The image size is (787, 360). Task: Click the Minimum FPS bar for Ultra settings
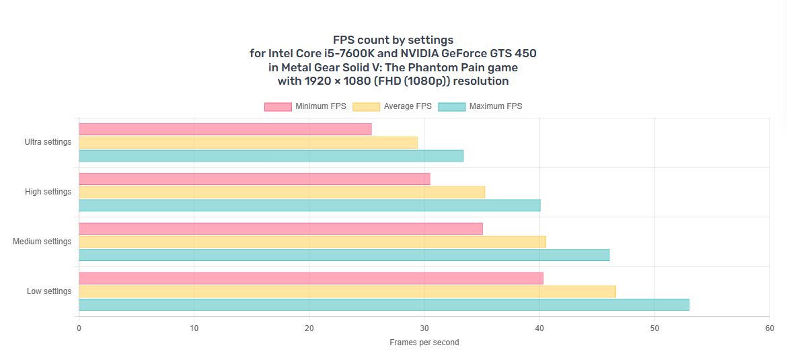(x=225, y=129)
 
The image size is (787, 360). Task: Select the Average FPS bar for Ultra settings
(x=248, y=143)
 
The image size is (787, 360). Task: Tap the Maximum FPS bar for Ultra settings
(x=270, y=156)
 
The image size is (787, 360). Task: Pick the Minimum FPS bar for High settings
(x=254, y=179)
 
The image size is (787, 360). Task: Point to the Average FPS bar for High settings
(x=281, y=192)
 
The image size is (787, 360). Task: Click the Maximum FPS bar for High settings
(x=309, y=205)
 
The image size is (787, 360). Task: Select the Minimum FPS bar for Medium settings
(x=280, y=229)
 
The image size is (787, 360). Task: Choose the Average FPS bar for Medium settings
(x=312, y=242)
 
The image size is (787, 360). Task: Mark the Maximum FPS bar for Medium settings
(x=344, y=255)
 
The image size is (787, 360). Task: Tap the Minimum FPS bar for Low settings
(x=311, y=279)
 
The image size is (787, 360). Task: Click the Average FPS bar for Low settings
(x=347, y=291)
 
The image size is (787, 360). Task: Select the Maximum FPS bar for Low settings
(x=383, y=305)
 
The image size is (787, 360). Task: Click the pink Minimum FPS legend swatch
(x=278, y=106)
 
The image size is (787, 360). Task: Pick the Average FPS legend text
(x=408, y=106)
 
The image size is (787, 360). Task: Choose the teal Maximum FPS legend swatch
(x=451, y=106)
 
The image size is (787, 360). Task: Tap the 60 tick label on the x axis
(x=770, y=328)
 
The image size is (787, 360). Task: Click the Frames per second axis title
(x=424, y=343)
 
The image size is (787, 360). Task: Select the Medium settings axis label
(x=42, y=242)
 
